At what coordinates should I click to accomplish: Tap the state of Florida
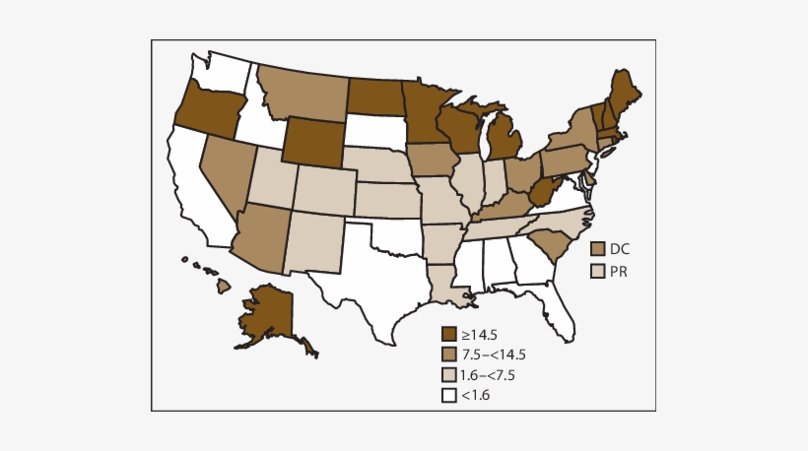tap(559, 314)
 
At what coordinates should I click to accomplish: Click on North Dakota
tap(378, 97)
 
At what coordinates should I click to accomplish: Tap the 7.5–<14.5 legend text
tap(494, 354)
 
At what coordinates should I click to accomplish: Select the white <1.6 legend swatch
tap(449, 395)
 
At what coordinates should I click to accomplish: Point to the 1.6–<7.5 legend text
tap(489, 375)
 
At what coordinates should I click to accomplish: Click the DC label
tap(620, 249)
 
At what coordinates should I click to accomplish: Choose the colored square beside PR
tap(596, 270)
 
